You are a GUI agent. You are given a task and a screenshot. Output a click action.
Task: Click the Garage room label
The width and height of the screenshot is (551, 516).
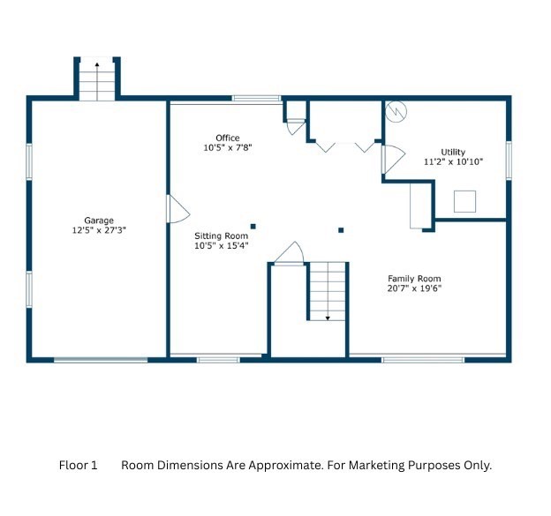click(99, 221)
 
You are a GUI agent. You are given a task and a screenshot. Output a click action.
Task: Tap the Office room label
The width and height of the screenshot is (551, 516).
click(228, 138)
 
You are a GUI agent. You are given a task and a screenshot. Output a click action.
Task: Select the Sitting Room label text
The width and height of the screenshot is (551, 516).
click(222, 236)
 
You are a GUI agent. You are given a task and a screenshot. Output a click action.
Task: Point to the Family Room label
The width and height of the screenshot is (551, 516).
click(414, 279)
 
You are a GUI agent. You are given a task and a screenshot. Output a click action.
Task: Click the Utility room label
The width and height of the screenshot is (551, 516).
click(453, 152)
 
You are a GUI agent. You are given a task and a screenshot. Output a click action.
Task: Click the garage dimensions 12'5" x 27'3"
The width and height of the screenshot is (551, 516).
click(99, 230)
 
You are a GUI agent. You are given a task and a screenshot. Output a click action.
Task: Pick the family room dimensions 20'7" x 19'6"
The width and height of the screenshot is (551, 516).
click(414, 288)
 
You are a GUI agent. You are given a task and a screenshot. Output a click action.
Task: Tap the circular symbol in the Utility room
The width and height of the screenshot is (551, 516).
click(396, 111)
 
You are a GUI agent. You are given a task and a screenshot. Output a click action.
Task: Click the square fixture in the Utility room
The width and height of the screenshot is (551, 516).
click(464, 201)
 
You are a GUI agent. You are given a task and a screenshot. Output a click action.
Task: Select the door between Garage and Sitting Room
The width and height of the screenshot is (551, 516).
click(177, 209)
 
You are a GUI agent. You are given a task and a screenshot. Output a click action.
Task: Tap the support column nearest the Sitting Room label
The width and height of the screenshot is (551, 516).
click(253, 227)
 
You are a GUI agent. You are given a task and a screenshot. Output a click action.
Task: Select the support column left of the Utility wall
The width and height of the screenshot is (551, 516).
click(341, 230)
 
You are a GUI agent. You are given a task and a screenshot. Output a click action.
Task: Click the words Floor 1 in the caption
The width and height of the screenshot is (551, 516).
click(78, 465)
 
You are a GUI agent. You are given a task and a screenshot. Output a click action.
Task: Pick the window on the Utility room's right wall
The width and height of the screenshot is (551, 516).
click(509, 160)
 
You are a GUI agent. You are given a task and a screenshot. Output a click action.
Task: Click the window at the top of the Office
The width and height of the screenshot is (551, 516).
click(257, 98)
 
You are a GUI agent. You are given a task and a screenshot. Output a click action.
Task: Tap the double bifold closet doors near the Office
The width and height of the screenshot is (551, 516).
click(346, 146)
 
